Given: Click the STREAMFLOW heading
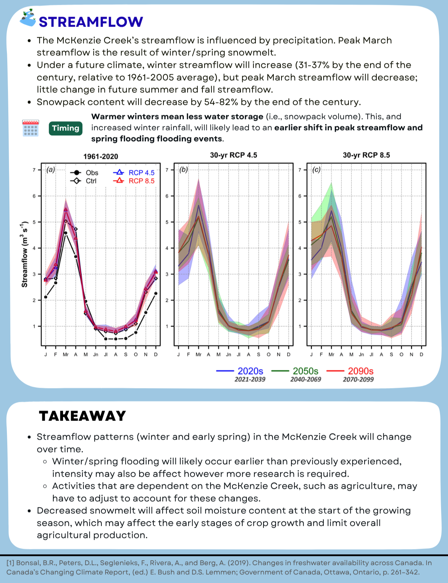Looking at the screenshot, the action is tap(91, 22).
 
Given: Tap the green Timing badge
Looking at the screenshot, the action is tap(65, 128).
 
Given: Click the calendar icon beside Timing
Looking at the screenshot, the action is tap(30, 128).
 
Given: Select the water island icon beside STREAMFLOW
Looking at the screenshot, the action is tap(28, 18).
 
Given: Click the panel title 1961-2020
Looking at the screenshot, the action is tap(101, 156).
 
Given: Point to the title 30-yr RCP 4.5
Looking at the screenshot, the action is tap(234, 155).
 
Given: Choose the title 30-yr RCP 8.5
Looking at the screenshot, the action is tap(366, 155).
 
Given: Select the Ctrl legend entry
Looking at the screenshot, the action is tap(83, 181).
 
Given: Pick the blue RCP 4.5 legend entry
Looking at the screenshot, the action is tap(134, 172).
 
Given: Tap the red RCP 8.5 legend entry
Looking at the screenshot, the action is tap(134, 181).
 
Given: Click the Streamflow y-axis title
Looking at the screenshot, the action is tap(25, 254).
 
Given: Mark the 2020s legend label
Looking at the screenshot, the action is tap(250, 371).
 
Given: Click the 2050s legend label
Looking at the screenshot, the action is tap(305, 371).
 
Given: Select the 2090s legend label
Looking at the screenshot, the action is tap(361, 371).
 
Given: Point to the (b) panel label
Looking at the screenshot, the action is tap(183, 170).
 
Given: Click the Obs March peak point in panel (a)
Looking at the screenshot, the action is tap(66, 233).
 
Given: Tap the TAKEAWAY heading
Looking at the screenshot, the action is tap(82, 416).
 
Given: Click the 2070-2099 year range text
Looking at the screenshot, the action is tap(358, 379).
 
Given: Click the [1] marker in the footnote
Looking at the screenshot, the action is tap(10, 563).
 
